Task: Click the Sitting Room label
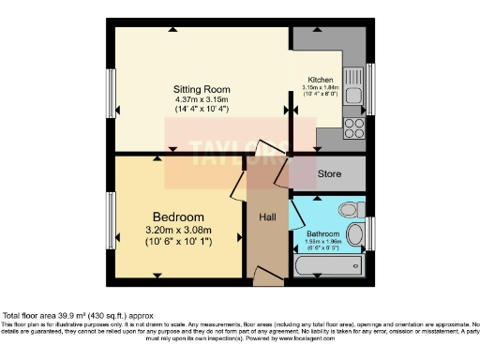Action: point(202,89)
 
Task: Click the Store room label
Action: point(328,173)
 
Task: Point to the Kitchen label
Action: point(319,81)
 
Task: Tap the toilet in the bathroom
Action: point(348,208)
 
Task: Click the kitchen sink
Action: point(353,87)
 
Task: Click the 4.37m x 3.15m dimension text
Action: point(202,99)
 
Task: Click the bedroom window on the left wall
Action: point(112,220)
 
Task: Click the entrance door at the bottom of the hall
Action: point(267,276)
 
